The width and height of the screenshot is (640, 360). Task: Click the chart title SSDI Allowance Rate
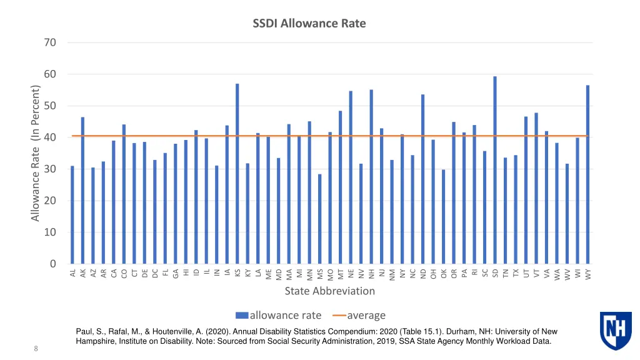click(309, 24)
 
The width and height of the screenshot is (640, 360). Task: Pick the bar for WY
click(587, 174)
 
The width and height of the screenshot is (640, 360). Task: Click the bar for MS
click(319, 219)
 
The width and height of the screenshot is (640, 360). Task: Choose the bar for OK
click(443, 216)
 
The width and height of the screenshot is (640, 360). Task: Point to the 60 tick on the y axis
click(49, 74)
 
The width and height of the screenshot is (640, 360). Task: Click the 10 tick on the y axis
click(49, 232)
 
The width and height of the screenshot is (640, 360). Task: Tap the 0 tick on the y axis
click(52, 264)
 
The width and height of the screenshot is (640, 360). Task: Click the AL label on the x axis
click(72, 273)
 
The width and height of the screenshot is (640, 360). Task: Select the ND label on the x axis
click(423, 273)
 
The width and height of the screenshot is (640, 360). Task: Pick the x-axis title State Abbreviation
click(329, 291)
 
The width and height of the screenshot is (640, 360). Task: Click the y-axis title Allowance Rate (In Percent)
click(36, 153)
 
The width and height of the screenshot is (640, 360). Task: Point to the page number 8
click(36, 349)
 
